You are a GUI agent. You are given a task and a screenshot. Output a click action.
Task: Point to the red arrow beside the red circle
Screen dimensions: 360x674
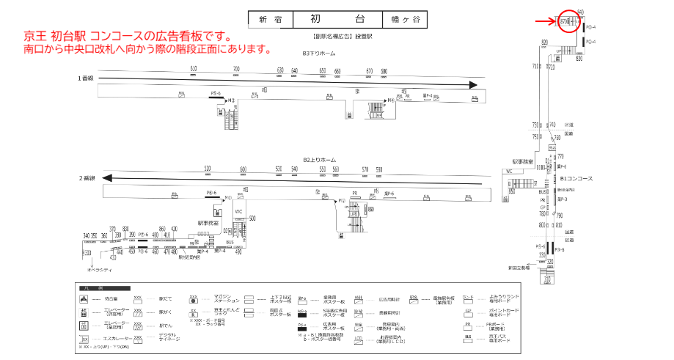point(545,21)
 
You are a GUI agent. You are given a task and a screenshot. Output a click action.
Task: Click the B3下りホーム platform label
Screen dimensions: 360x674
point(319,54)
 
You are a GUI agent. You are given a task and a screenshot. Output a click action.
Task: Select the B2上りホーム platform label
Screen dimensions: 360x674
point(319,159)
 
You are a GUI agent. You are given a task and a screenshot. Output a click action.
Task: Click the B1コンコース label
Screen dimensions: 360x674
point(576,178)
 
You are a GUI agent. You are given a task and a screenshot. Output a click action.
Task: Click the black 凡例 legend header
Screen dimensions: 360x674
point(103,287)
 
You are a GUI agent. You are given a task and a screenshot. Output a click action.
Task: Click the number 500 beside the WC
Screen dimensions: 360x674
point(252,218)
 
